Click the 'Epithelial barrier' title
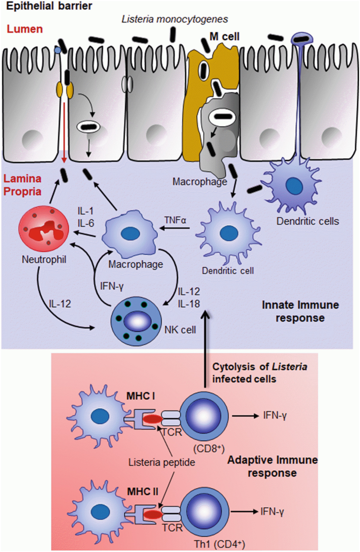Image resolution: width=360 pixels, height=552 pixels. [x=40, y=6]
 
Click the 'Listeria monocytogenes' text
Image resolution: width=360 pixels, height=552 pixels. [x=175, y=19]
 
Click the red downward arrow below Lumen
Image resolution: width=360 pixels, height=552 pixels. [x=64, y=133]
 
